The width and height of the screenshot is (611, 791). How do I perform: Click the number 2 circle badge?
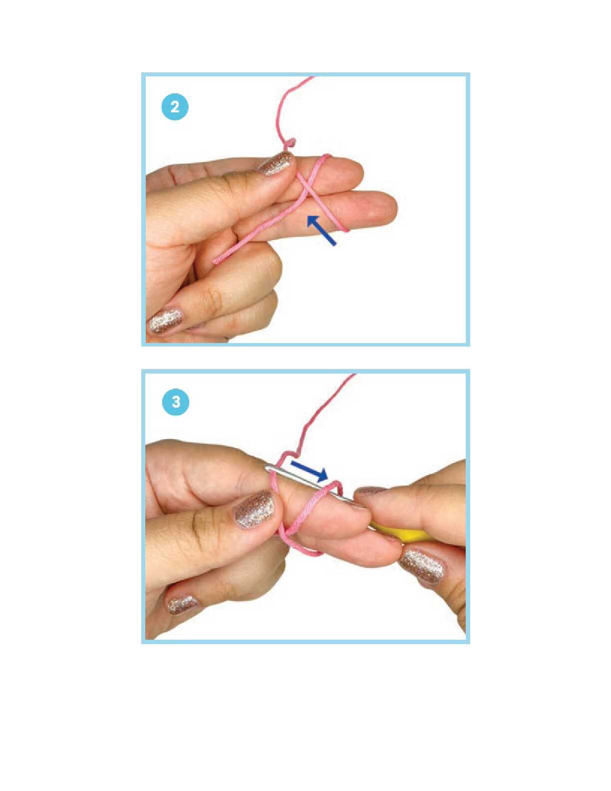click(x=175, y=108)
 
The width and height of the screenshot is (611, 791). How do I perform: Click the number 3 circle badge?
click(x=175, y=403)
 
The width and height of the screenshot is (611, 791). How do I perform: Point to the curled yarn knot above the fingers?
click(x=290, y=144)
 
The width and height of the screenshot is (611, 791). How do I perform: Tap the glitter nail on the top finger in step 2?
click(x=275, y=164)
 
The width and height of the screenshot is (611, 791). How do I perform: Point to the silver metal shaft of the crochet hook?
click(x=309, y=485)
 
